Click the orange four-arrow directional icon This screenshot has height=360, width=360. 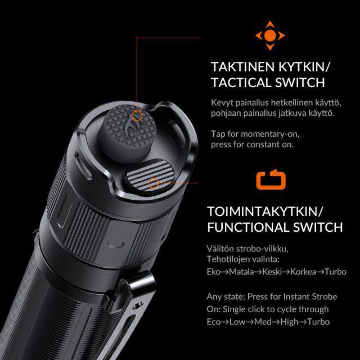click(270, 35)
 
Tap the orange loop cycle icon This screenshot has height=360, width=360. click(271, 179)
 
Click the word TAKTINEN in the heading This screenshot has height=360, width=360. click(242, 67)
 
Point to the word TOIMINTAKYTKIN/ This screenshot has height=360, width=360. click(265, 211)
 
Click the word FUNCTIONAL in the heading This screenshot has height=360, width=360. click(248, 227)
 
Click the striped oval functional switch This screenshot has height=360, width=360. click(150, 176)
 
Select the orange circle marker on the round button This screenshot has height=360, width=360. click(137, 115)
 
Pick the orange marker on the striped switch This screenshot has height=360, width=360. click(154, 183)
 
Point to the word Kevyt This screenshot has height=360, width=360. click(222, 103)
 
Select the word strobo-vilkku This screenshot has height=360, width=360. click(262, 249)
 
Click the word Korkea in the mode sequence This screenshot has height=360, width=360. click(303, 272)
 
